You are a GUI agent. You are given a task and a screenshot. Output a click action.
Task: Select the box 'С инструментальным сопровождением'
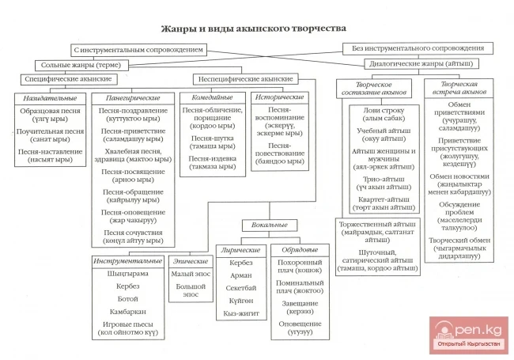[x=138, y=49]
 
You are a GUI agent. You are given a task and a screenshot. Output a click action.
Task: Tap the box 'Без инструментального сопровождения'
[x=418, y=48]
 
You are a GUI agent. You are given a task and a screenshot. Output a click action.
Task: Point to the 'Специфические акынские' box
[x=65, y=80]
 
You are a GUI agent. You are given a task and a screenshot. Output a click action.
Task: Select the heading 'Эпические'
[x=190, y=260]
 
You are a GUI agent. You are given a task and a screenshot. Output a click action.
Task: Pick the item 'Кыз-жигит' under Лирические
[x=242, y=313]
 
